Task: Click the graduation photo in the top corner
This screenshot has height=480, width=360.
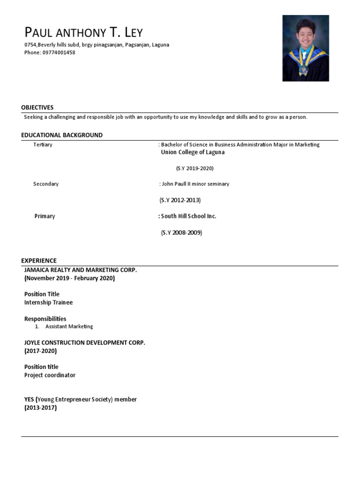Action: pyautogui.click(x=305, y=48)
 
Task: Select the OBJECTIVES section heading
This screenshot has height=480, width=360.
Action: pyautogui.click(x=37, y=107)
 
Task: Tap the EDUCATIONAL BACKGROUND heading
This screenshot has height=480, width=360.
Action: pyautogui.click(x=62, y=135)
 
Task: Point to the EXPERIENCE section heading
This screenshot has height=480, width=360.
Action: pyautogui.click(x=39, y=261)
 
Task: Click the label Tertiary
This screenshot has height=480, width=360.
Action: pyautogui.click(x=43, y=145)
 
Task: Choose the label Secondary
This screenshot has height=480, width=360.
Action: pyautogui.click(x=46, y=184)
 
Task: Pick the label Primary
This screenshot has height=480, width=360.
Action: pyautogui.click(x=45, y=216)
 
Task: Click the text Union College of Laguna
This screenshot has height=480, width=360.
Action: pyautogui.click(x=193, y=152)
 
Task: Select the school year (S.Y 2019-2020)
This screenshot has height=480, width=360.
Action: pyautogui.click(x=195, y=168)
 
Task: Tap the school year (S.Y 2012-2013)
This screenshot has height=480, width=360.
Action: pyautogui.click(x=180, y=200)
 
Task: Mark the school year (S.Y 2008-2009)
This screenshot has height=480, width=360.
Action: pyautogui.click(x=181, y=232)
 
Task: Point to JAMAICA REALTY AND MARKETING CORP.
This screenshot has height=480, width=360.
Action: pyautogui.click(x=80, y=270)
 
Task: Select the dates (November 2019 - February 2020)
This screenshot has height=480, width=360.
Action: pyautogui.click(x=69, y=278)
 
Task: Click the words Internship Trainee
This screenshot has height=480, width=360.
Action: pyautogui.click(x=48, y=302)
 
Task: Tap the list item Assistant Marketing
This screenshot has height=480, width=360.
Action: pyautogui.click(x=69, y=326)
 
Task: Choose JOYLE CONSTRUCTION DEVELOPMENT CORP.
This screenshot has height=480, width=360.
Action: pyautogui.click(x=85, y=343)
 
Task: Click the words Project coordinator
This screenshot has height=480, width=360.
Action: pyautogui.click(x=50, y=375)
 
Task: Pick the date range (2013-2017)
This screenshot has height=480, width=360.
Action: pyautogui.click(x=40, y=408)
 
